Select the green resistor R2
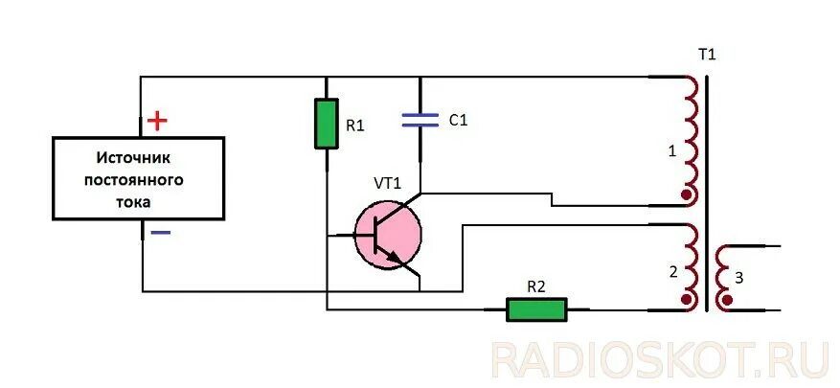pos(536,308)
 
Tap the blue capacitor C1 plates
pos(421,120)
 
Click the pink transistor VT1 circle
pos(388,234)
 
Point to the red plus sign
pos(157,121)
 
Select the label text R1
pos(355,126)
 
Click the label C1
pos(457,121)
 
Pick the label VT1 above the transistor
pos(387,183)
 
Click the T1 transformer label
pos(707,55)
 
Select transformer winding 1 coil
pos(688,139)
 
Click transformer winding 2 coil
pos(688,268)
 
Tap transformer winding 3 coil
pos(722,278)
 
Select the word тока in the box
pos(137,201)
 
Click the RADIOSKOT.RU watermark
pos(660,358)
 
